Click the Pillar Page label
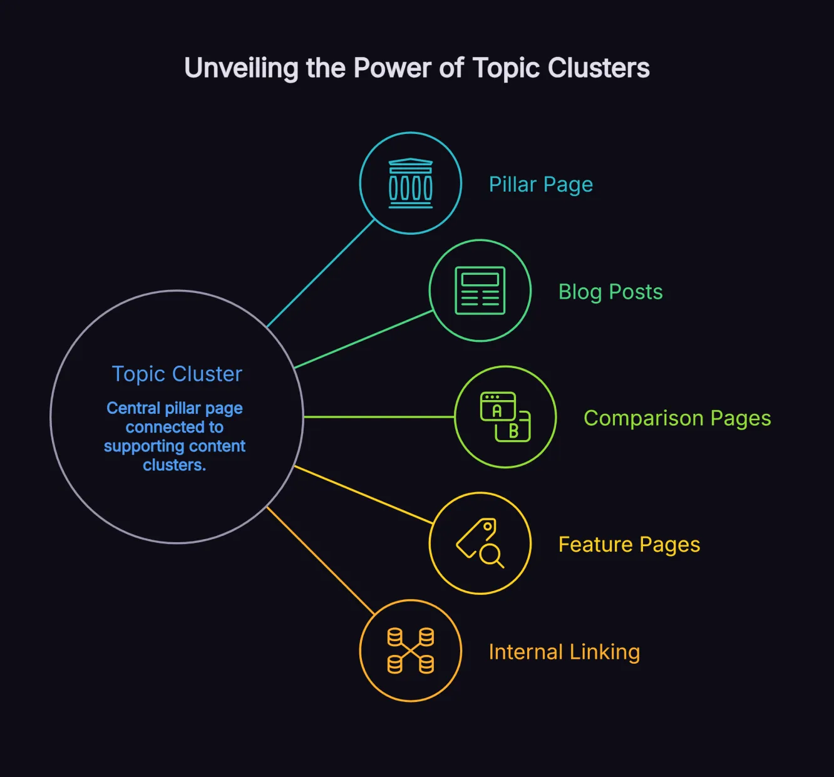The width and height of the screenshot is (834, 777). pos(540,185)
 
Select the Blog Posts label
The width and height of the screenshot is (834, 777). pos(610,292)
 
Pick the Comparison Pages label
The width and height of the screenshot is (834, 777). pos(677,418)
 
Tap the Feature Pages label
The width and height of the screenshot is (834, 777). pos(629,545)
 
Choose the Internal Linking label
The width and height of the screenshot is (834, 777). pos(564,652)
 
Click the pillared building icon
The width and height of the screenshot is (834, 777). pos(411,183)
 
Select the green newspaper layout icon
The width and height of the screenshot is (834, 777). pos(480,291)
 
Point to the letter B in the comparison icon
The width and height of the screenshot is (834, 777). pos(513,431)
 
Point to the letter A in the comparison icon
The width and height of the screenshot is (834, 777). pos(497,411)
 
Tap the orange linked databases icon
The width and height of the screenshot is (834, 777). pos(411,651)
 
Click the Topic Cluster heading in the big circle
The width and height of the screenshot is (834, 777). pos(177,374)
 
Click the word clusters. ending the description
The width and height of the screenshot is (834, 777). pos(174,465)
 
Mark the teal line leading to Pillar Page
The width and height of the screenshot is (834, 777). pos(321,274)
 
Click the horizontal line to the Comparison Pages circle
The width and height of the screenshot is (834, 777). pos(379,417)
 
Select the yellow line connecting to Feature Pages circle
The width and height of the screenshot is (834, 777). pos(363,495)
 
